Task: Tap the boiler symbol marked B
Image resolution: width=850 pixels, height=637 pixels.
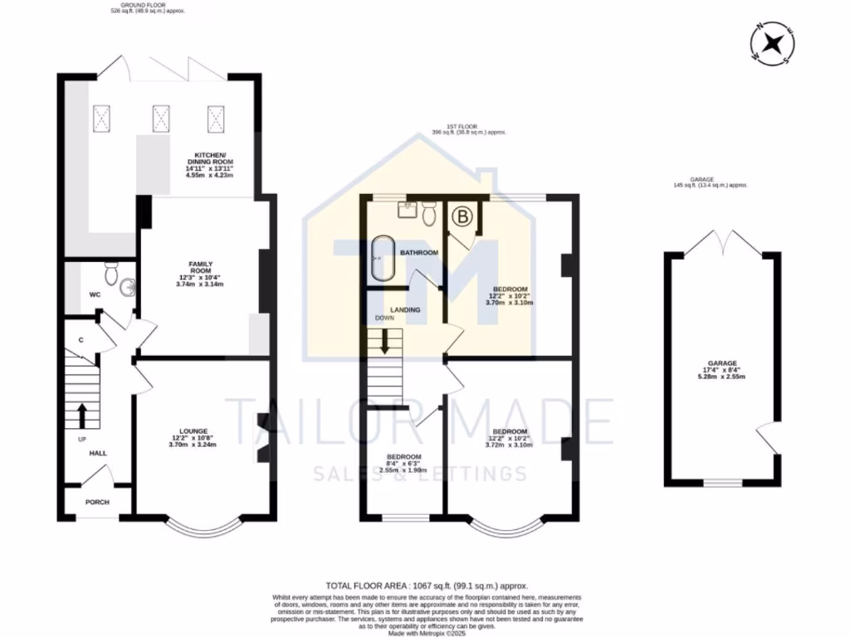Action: coord(460,217)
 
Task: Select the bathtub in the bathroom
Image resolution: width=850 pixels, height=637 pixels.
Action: coord(382,259)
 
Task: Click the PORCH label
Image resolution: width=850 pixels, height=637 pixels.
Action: coord(98,503)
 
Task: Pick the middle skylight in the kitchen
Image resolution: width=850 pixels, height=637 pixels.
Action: coord(160,118)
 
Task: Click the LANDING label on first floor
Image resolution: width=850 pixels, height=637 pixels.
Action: coord(406,309)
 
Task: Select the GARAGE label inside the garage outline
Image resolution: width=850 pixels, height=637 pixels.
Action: coord(722,362)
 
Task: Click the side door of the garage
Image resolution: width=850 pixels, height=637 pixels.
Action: coord(769,437)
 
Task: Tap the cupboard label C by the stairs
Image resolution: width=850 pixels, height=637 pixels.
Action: coord(81,339)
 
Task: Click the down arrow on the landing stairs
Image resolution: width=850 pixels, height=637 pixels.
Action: coord(384,343)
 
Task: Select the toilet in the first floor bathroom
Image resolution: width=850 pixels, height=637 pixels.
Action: coord(428,215)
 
